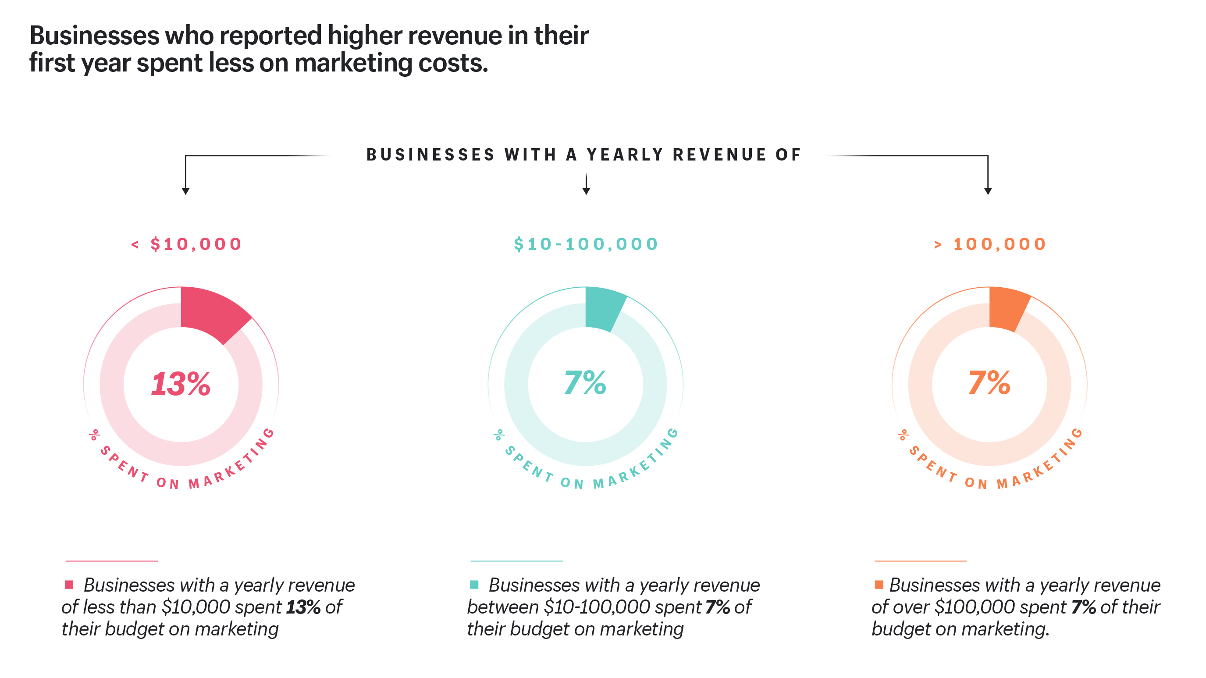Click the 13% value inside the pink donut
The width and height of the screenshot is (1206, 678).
pyautogui.click(x=181, y=384)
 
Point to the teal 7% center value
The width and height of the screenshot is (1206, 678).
pyautogui.click(x=585, y=382)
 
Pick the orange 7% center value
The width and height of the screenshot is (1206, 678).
pyautogui.click(x=989, y=382)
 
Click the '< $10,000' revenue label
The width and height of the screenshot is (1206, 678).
pyautogui.click(x=186, y=244)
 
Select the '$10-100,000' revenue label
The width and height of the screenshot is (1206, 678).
pyautogui.click(x=586, y=244)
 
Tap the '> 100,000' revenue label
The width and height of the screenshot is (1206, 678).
pyautogui.click(x=990, y=244)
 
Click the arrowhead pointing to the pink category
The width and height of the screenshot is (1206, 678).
pyautogui.click(x=185, y=191)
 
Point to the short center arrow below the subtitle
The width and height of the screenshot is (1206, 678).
pyautogui.click(x=586, y=185)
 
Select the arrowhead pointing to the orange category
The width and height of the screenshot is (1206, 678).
pyautogui.click(x=988, y=191)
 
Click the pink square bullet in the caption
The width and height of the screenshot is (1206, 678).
pyautogui.click(x=69, y=584)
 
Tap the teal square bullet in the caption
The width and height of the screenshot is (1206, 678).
pyautogui.click(x=474, y=584)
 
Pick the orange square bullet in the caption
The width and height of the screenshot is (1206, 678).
pyautogui.click(x=879, y=584)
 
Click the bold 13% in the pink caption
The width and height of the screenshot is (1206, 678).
pyautogui.click(x=303, y=607)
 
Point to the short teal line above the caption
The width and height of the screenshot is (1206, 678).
pyautogui.click(x=516, y=560)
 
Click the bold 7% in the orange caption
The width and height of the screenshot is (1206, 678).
pyautogui.click(x=1083, y=607)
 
